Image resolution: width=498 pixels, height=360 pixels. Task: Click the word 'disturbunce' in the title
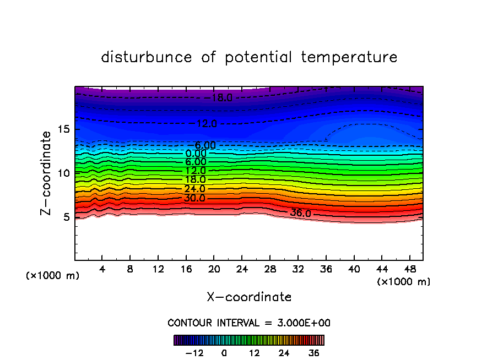pos(147,57)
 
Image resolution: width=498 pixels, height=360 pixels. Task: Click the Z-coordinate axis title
pos(48,173)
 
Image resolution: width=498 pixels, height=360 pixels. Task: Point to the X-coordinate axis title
pos(249,297)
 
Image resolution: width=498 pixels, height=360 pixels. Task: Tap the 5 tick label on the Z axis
pos(66,217)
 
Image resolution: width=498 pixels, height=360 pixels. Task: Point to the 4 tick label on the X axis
pos(102,270)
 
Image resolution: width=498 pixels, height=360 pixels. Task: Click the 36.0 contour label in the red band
pos(301,214)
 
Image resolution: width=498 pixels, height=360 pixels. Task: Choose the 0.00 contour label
pos(196,154)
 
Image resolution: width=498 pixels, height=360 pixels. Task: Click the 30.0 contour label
pos(195,198)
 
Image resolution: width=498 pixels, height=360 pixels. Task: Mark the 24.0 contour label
pos(195,189)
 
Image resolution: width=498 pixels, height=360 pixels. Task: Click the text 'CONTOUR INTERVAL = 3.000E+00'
pos(249,323)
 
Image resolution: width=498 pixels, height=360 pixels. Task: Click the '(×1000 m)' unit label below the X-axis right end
pos(404,282)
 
